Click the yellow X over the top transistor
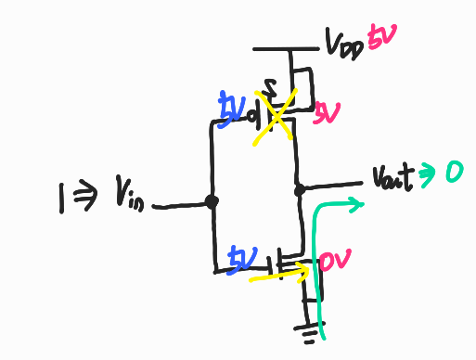tap(275, 114)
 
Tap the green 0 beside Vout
tap(454, 172)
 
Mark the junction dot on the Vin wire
tap(212, 201)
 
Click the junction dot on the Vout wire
tap(300, 190)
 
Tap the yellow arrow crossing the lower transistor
tap(279, 271)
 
